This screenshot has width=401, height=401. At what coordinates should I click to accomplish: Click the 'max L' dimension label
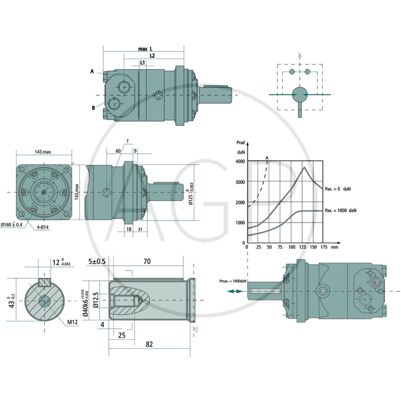pyautogui.click(x=145, y=49)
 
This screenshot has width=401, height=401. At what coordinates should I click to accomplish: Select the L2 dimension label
pyautogui.click(x=152, y=56)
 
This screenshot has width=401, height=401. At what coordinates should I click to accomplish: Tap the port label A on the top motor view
pyautogui.click(x=92, y=72)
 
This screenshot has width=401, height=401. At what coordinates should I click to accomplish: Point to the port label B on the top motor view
pyautogui.click(x=93, y=107)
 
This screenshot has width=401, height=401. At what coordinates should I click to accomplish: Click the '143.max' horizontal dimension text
pyautogui.click(x=43, y=151)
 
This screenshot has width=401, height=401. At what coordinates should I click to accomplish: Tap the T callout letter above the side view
pyautogui.click(x=127, y=141)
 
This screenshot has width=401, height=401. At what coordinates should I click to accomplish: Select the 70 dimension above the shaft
pyautogui.click(x=147, y=261)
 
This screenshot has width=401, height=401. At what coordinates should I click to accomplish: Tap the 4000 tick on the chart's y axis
pyautogui.click(x=240, y=161)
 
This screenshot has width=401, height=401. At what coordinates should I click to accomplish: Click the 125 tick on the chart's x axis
pyautogui.click(x=302, y=247)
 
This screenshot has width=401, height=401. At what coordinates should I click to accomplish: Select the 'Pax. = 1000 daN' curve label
pyautogui.click(x=340, y=210)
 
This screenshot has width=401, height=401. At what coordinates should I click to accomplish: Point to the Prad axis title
pyautogui.click(x=240, y=143)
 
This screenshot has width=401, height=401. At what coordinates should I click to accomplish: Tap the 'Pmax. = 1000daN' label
pyautogui.click(x=233, y=281)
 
